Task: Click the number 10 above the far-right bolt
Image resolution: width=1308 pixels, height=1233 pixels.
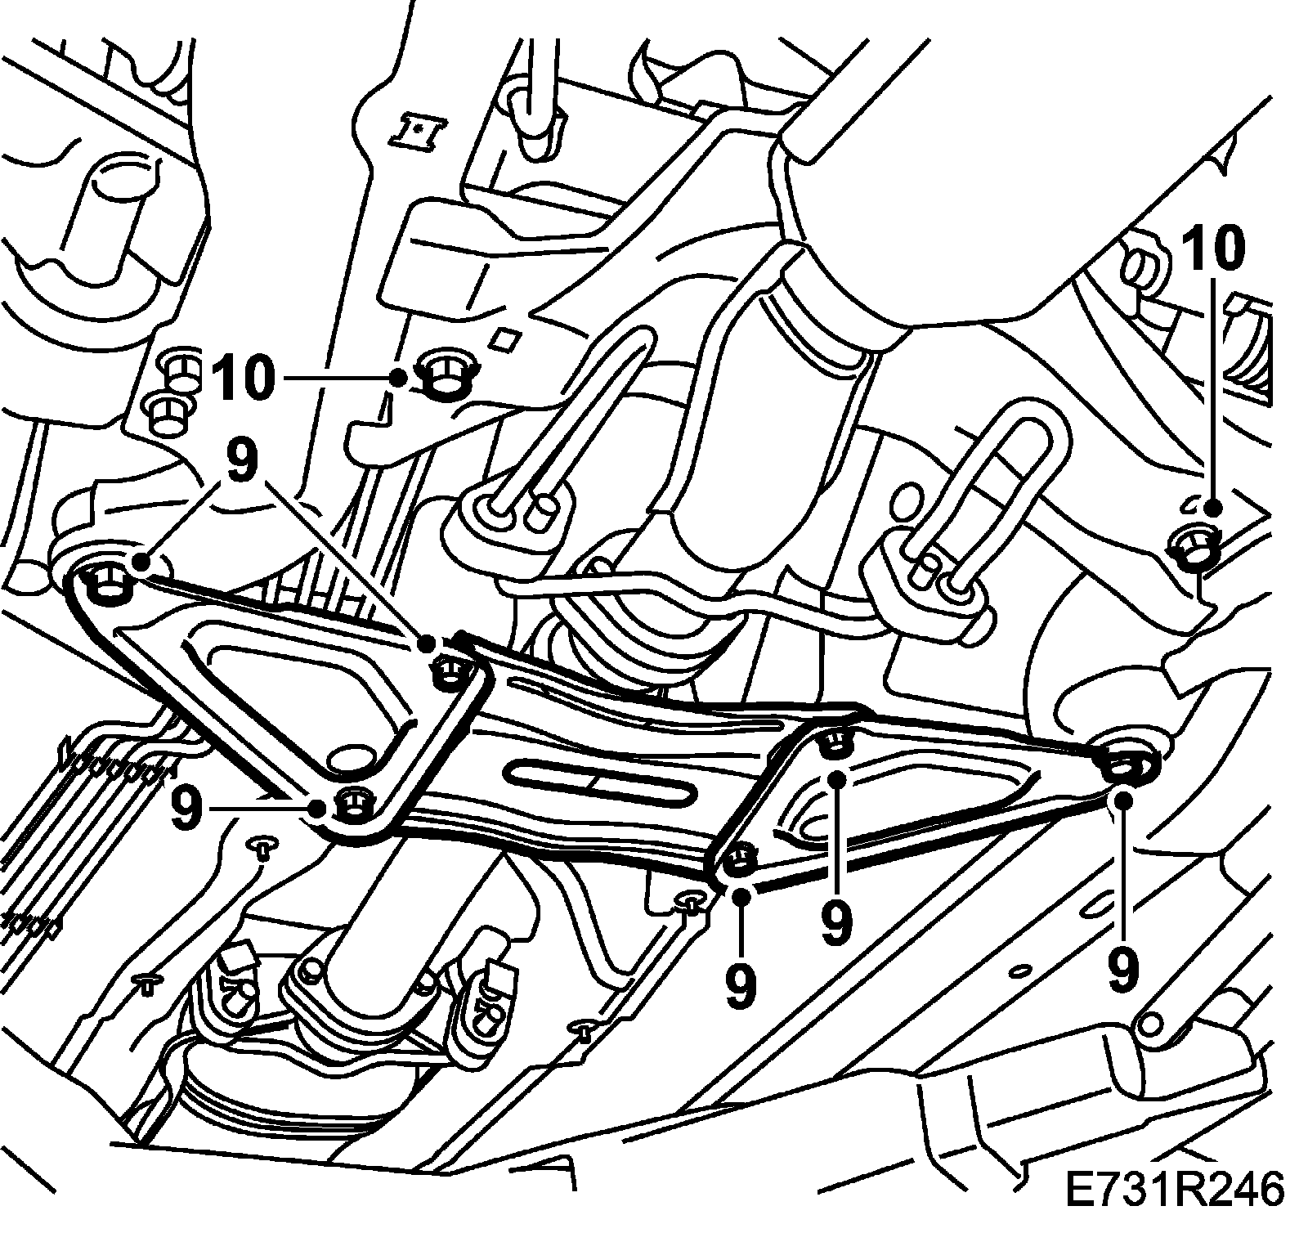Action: [x=1216, y=249]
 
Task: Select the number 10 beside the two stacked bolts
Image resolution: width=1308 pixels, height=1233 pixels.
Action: [x=242, y=379]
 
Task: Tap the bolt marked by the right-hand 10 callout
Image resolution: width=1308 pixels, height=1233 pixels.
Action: [x=1195, y=547]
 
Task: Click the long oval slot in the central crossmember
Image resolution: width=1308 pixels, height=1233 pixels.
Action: [x=601, y=782]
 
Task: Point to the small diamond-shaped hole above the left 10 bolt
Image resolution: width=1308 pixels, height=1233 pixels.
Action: [x=507, y=338]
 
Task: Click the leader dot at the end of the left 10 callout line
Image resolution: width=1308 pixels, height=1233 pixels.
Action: [x=398, y=378]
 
